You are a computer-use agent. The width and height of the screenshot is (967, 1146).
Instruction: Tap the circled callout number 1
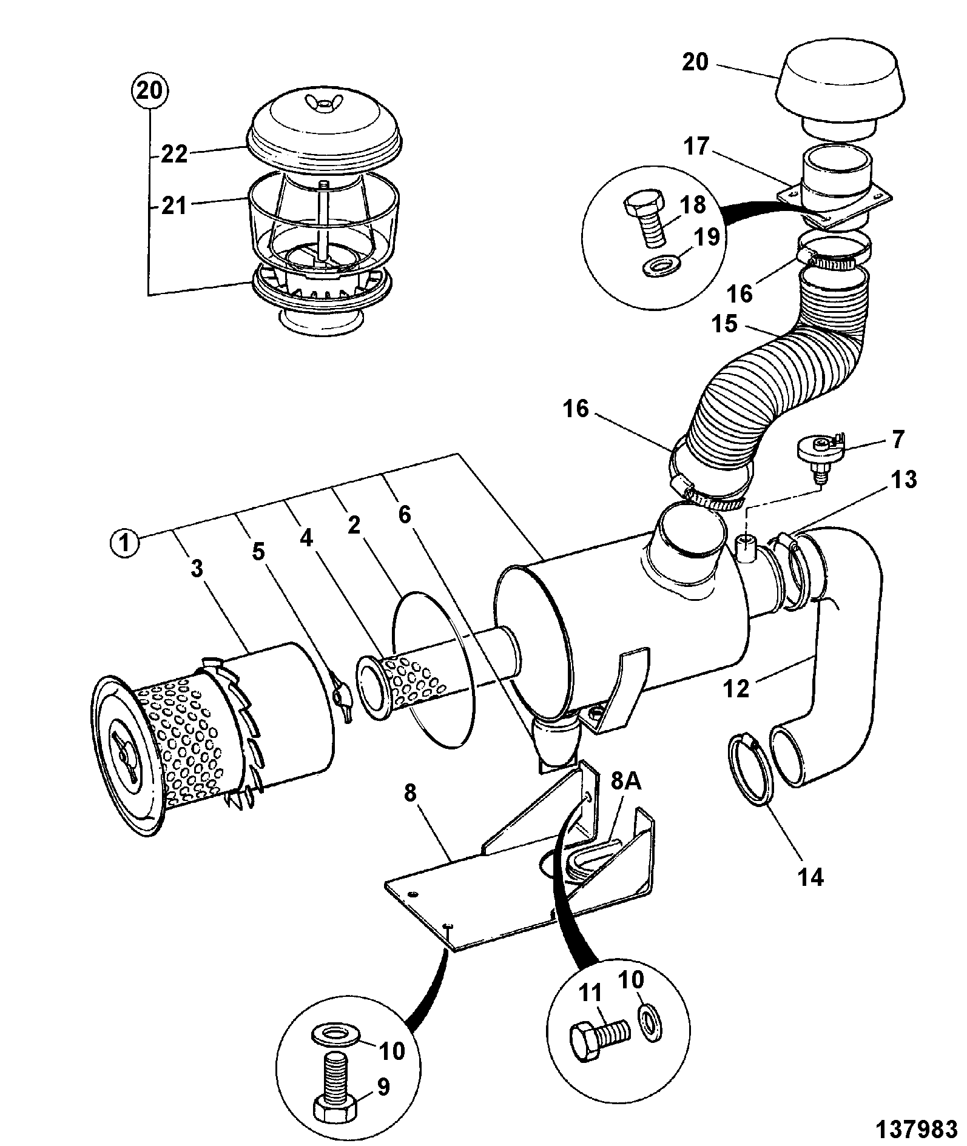(125, 543)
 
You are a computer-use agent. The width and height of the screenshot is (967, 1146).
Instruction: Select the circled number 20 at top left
(150, 92)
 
